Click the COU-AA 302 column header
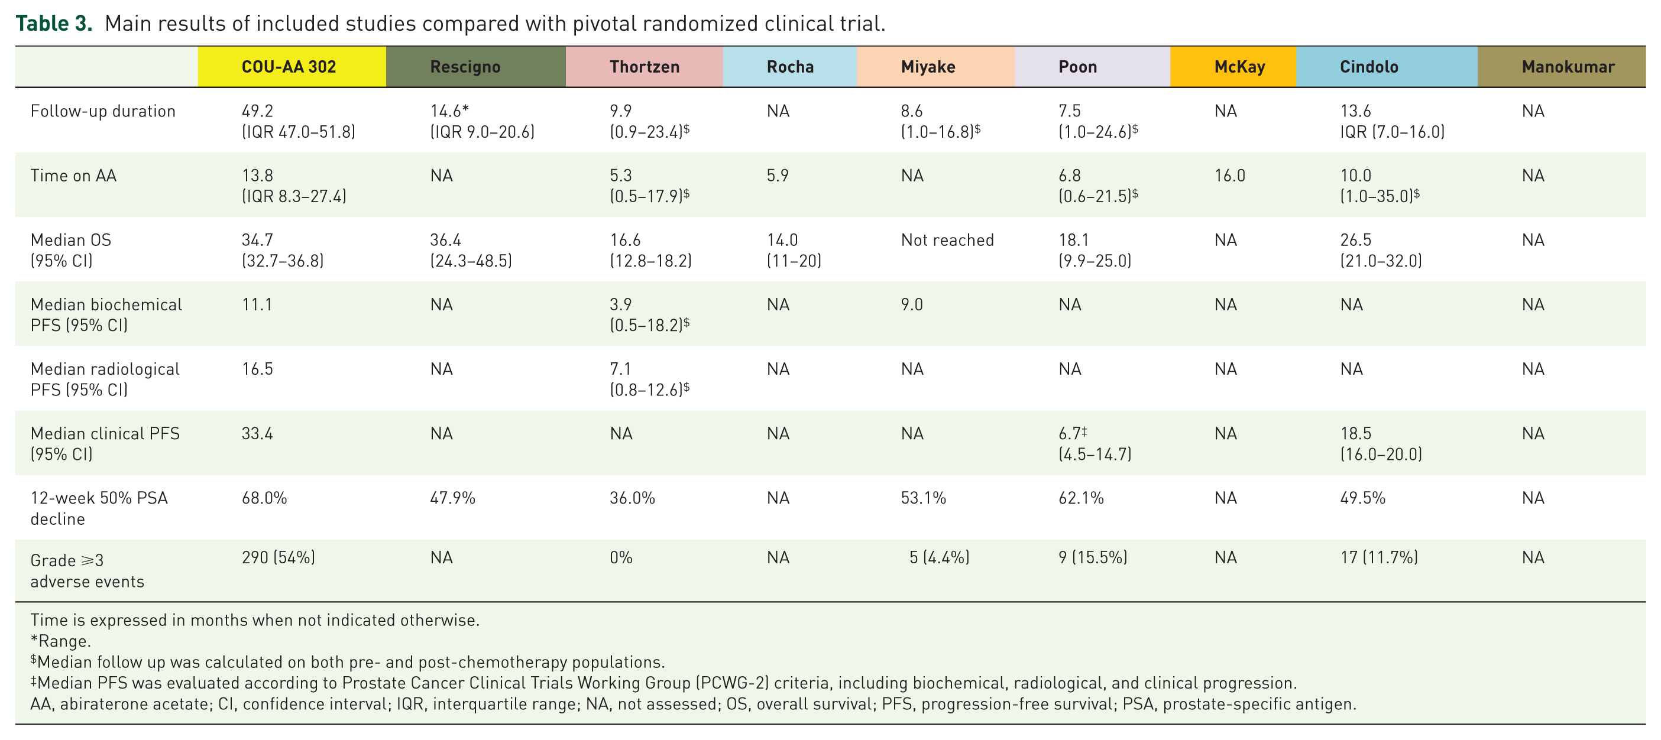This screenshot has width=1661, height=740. pyautogui.click(x=289, y=67)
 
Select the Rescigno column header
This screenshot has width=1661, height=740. pyautogui.click(x=465, y=67)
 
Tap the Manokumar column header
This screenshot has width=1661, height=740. pyautogui.click(x=1568, y=67)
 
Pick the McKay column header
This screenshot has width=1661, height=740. pyautogui.click(x=1239, y=67)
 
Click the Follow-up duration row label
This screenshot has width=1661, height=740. pyautogui.click(x=102, y=111)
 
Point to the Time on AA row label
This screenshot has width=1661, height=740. pyautogui.click(x=73, y=176)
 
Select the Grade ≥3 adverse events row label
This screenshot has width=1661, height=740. pyautogui.click(x=87, y=570)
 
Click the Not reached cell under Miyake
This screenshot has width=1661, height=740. pyautogui.click(x=947, y=240)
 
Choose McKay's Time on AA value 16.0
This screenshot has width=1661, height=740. pyautogui.click(x=1229, y=176)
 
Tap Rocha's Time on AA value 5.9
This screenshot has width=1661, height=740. pyautogui.click(x=778, y=176)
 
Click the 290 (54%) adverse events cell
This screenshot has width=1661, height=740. pyautogui.click(x=279, y=557)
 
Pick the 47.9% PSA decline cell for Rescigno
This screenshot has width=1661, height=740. pyautogui.click(x=452, y=498)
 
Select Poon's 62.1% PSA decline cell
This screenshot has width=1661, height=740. pyautogui.click(x=1082, y=498)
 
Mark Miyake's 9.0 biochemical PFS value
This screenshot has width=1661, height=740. pyautogui.click(x=912, y=304)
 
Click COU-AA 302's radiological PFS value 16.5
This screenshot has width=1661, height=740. pyautogui.click(x=257, y=369)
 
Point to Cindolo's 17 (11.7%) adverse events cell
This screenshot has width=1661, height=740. pyautogui.click(x=1379, y=557)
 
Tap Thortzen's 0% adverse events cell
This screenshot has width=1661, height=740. pyautogui.click(x=621, y=557)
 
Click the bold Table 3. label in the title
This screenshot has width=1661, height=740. pyautogui.click(x=54, y=23)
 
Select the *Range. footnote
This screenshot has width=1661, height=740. pyautogui.click(x=61, y=641)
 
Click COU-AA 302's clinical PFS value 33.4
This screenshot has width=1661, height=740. pyautogui.click(x=257, y=433)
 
